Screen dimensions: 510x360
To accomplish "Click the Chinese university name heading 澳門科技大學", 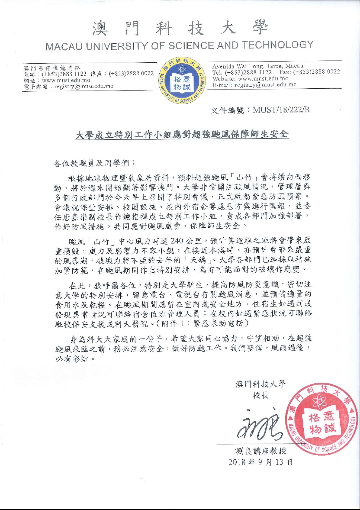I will coord(180,28).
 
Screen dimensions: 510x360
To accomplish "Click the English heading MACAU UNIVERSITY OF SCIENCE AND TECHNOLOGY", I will coord(180,46).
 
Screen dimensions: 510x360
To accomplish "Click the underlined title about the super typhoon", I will coord(181,135).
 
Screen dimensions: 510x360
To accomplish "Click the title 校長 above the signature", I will coord(261,395).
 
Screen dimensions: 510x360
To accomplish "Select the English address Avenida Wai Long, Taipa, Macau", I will coord(258,66).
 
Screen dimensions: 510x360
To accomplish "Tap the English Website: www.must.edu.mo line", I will coord(250,79).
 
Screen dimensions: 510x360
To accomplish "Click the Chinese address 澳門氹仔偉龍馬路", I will coord(52,68).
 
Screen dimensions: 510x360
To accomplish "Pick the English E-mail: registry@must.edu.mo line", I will coord(254,85).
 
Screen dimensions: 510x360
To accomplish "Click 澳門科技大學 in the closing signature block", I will coord(261,384).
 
